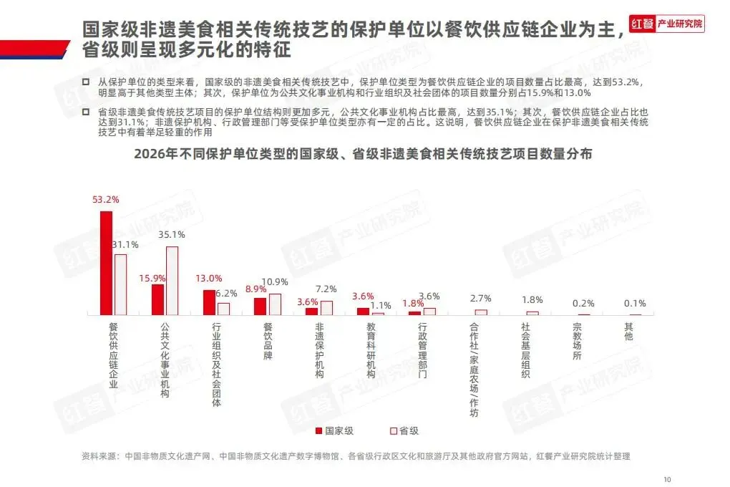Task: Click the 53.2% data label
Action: click(106, 200)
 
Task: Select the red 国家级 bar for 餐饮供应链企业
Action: click(106, 264)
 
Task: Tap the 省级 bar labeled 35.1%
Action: click(172, 281)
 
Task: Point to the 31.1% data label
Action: click(126, 245)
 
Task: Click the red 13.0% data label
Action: click(208, 278)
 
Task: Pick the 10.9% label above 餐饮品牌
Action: click(275, 282)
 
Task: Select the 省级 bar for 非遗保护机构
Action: click(326, 308)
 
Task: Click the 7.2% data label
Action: click(326, 289)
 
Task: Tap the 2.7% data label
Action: click(480, 298)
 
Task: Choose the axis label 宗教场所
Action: click(577, 341)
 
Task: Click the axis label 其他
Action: click(628, 332)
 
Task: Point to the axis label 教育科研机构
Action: click(371, 350)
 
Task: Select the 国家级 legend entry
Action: click(335, 431)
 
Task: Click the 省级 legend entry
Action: click(404, 431)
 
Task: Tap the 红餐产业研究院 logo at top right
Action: click(666, 24)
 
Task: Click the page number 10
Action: click(667, 480)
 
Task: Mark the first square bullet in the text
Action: click(86, 82)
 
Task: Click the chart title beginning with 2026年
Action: click(363, 154)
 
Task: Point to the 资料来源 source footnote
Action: click(356, 456)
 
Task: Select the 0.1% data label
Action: click(635, 304)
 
